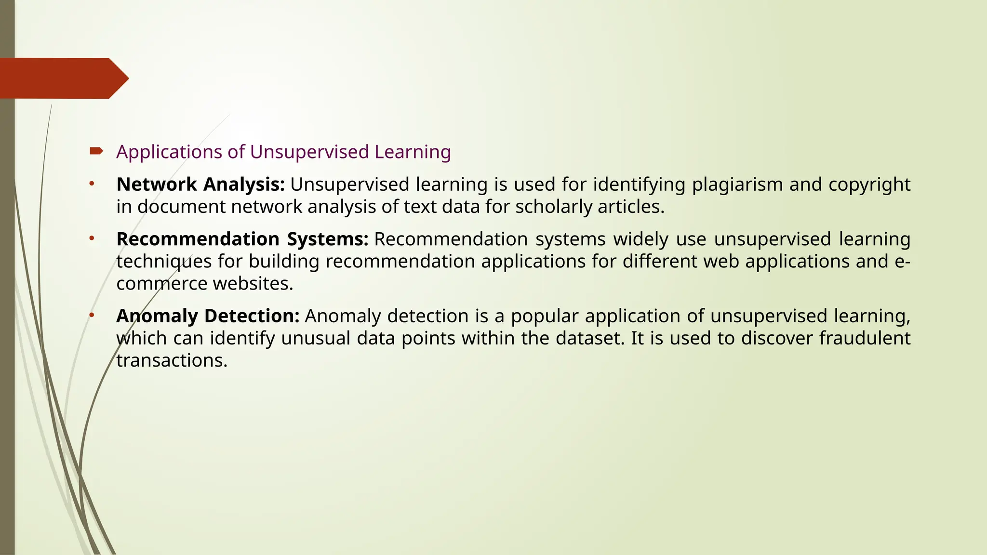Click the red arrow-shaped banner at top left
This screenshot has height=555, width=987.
63,78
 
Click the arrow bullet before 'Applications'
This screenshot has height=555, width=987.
96,152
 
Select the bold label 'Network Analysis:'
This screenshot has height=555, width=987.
200,185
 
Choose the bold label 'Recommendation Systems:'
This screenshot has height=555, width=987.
242,239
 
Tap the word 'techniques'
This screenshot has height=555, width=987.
164,262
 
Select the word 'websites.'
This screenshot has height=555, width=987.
253,284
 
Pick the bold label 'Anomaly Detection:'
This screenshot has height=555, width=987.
208,316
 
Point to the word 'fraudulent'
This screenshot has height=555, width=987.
865,338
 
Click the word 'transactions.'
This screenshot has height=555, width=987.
172,360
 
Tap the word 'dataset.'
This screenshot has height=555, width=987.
590,338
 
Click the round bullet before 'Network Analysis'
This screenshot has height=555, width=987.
91,184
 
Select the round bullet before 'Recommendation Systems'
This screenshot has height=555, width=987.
91,238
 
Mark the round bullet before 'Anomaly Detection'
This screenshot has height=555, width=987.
91,315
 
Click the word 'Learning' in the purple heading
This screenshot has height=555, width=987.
413,152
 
